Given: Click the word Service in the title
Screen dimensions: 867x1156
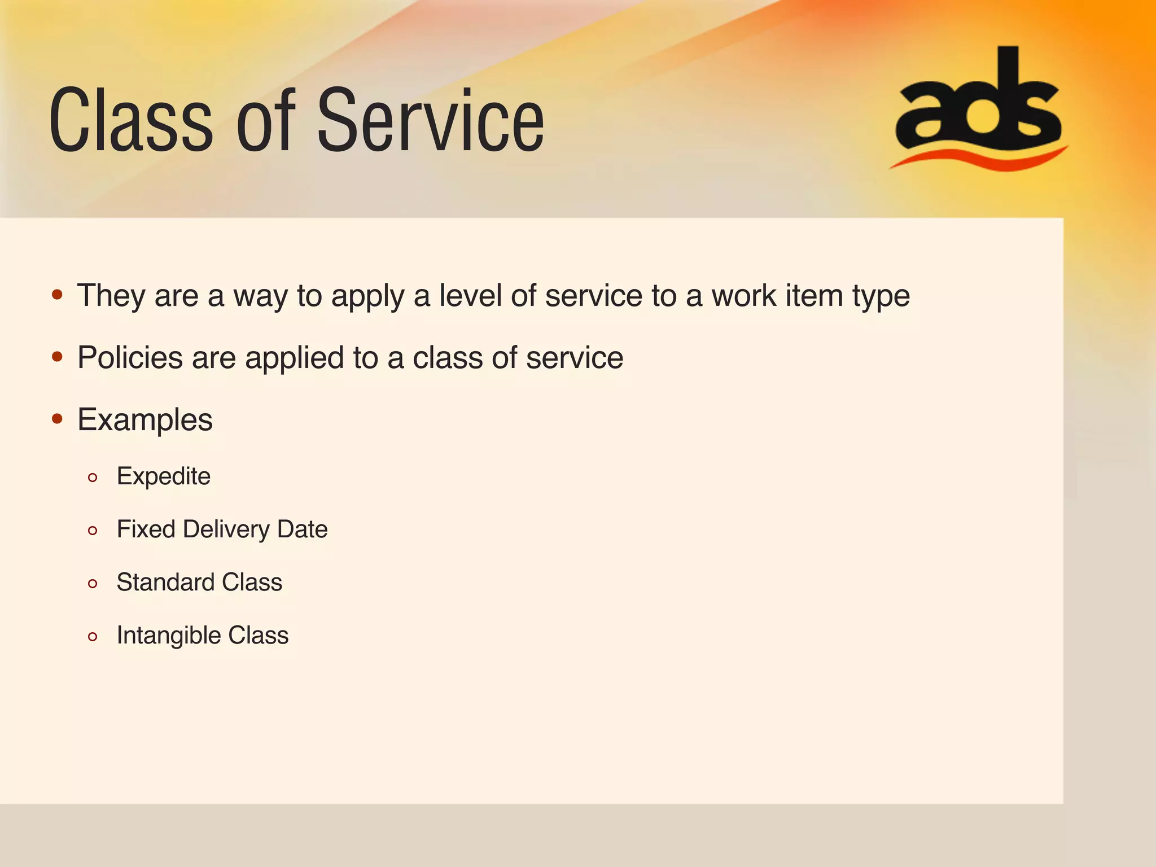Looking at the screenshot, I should pyautogui.click(x=430, y=121).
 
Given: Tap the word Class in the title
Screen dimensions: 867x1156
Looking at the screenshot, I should pyautogui.click(x=131, y=121).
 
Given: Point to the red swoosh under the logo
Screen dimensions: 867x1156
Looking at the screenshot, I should pyautogui.click(x=979, y=159).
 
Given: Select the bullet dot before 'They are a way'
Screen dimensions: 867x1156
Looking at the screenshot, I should pyautogui.click(x=57, y=295).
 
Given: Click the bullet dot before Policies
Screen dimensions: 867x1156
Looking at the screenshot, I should pyautogui.click(x=57, y=357).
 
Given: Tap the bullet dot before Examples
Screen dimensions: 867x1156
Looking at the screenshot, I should pyautogui.click(x=57, y=419).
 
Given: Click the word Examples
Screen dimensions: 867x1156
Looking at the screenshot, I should pyautogui.click(x=145, y=420).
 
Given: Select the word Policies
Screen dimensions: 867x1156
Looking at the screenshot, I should pyautogui.click(x=130, y=358).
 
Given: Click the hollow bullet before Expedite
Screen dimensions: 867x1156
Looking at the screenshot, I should pyautogui.click(x=93, y=478).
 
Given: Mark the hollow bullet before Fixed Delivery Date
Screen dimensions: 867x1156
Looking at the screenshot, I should pyautogui.click(x=93, y=531).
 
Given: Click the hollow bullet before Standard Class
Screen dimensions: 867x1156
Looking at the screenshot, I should pyautogui.click(x=93, y=584).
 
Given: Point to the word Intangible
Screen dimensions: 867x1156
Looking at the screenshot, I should pyautogui.click(x=169, y=636).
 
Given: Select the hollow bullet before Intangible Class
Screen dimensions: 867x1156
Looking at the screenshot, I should pyautogui.click(x=93, y=637).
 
